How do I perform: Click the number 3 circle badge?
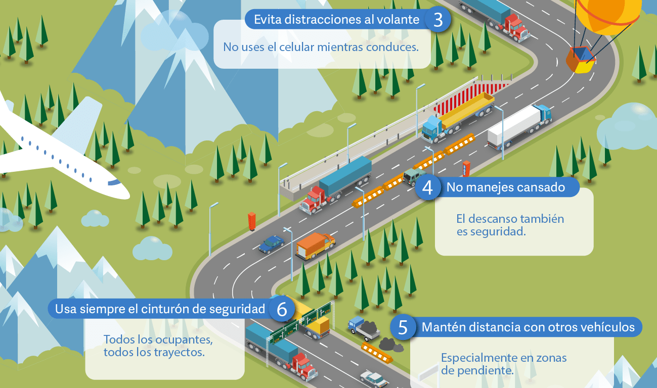tap(438, 20)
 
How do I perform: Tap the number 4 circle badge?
tap(427, 187)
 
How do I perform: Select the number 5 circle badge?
tap(403, 327)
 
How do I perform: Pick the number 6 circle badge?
tap(282, 309)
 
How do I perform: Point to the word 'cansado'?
tap(542, 187)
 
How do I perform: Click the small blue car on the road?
tap(272, 244)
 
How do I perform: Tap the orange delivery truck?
tap(315, 245)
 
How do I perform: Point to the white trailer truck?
tap(518, 126)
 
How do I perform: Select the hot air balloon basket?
tap(581, 60)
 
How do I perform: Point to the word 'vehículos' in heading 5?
tap(609, 327)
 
